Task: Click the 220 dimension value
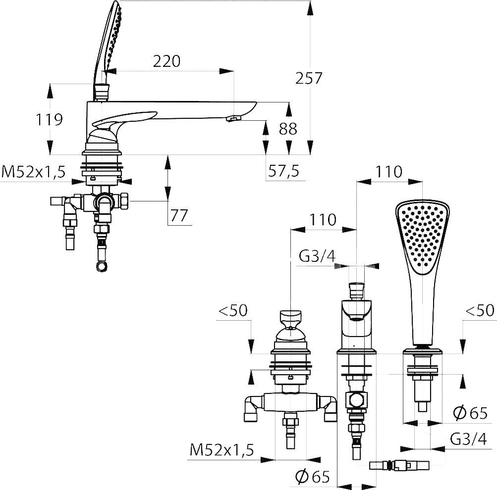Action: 166,61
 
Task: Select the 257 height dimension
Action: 309,78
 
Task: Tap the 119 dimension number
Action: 49,120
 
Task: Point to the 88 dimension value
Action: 288,129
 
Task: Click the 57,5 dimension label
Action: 284,171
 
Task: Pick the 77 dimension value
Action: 179,216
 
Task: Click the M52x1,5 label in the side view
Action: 33,172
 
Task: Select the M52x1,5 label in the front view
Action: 222,450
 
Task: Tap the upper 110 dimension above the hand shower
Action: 388,172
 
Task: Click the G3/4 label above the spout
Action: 317,256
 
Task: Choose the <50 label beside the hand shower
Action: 480,310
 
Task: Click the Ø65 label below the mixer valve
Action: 313,476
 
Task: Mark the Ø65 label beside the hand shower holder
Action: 470,413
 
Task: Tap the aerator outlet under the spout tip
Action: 233,119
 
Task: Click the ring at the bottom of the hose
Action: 102,266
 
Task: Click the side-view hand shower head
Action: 108,41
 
